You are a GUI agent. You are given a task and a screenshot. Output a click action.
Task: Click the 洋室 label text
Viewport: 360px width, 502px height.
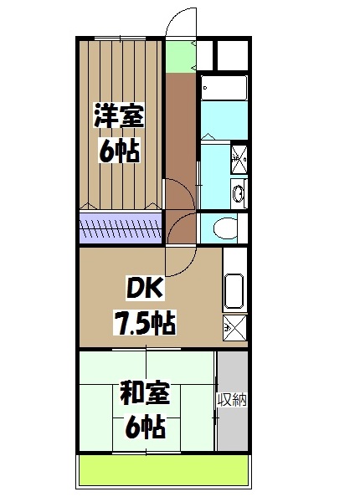118,115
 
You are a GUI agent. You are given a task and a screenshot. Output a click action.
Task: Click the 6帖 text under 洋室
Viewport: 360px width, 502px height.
118,151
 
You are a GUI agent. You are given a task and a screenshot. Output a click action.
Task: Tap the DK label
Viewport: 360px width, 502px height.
146,289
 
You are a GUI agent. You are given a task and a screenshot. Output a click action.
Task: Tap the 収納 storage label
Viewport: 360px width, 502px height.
232,399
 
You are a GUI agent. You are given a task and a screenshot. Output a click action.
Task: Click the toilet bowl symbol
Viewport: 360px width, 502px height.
224,226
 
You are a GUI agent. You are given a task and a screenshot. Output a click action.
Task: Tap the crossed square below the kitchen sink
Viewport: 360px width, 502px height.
235,327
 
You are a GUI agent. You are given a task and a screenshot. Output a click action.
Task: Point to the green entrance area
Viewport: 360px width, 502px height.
177,56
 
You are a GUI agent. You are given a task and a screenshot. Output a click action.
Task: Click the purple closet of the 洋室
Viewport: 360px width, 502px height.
121,226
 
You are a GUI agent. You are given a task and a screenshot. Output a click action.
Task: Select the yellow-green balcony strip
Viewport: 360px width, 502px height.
164,473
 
